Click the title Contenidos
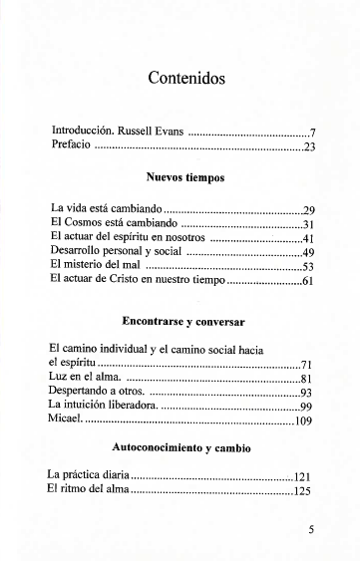point(184,78)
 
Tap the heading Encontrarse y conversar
point(184,322)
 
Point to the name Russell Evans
point(153,132)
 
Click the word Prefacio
point(71,146)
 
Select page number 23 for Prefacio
point(309,147)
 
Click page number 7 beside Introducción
point(312,133)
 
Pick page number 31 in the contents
point(308,224)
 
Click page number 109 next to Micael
point(305,422)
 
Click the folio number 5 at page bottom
point(311,530)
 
